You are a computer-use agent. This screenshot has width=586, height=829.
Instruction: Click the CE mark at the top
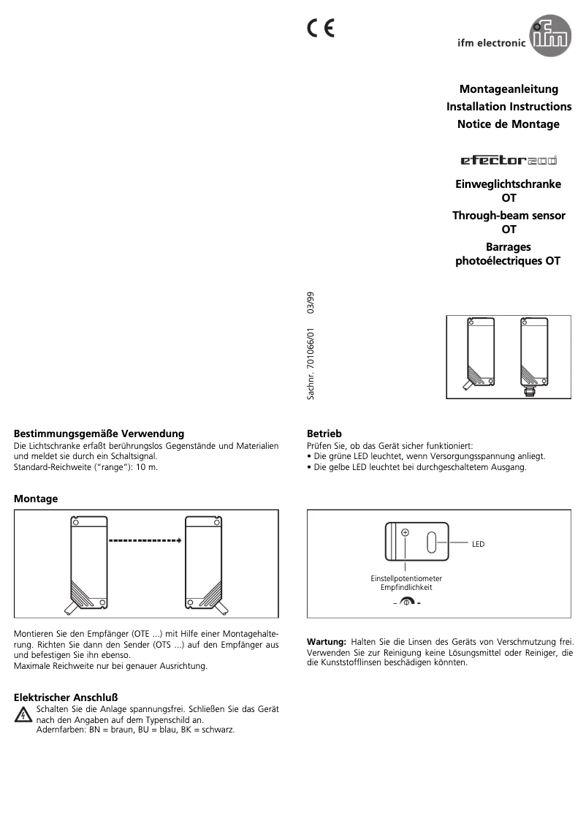coord(320,28)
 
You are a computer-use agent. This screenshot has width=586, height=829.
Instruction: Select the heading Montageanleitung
coord(509,89)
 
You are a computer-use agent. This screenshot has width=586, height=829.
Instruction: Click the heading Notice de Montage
coord(508,124)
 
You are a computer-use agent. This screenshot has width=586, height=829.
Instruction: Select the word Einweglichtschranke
coord(508,184)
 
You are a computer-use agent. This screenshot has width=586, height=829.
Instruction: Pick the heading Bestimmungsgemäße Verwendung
coord(99,434)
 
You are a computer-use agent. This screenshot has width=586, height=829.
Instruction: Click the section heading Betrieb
coord(324,434)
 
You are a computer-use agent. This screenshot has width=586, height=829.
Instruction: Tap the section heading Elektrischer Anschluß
coord(66,697)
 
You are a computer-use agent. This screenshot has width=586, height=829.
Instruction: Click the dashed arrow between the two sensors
coord(144,542)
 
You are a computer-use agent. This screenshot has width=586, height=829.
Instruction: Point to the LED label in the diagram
coord(478,544)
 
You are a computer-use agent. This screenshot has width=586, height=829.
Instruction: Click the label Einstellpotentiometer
coord(406,578)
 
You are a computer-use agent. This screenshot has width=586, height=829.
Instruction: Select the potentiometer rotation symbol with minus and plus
coord(407,602)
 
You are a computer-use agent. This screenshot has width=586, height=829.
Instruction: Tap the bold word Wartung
coord(326,642)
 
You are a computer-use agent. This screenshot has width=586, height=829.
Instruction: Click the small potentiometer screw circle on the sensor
coord(406,533)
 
